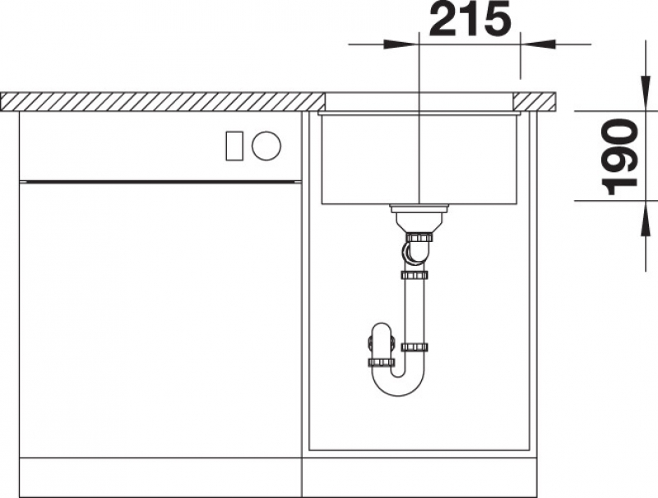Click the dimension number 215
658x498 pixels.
470,19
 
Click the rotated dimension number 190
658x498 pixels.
619,157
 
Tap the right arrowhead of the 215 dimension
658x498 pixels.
538,44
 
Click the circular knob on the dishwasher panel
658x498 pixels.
266,146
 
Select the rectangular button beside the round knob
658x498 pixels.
234,146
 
